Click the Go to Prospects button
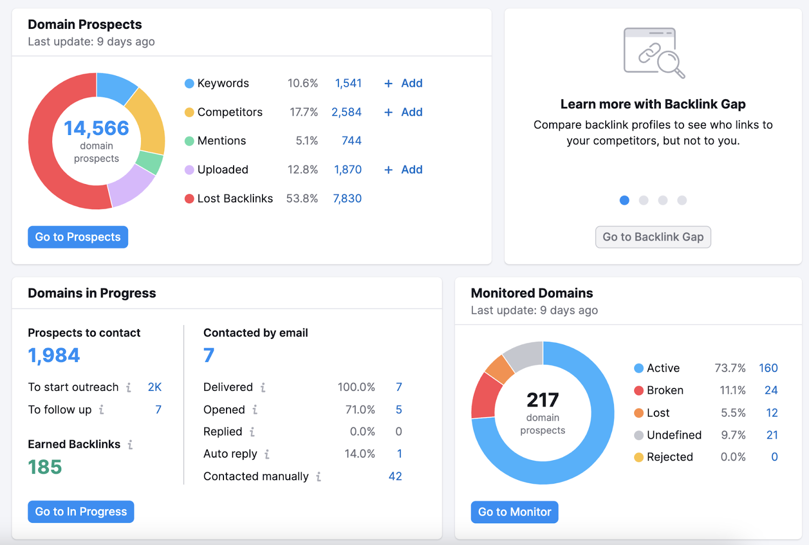[x=78, y=237]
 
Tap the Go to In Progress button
[x=81, y=512]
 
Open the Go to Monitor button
[x=514, y=512]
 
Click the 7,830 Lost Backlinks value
[x=347, y=199]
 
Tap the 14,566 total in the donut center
[x=96, y=128]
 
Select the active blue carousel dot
[x=624, y=200]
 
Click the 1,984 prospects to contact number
[x=54, y=355]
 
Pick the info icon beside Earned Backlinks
[x=130, y=444]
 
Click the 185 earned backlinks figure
[x=45, y=467]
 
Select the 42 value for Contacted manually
[x=395, y=476]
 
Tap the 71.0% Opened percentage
[x=360, y=410]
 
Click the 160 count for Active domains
[x=768, y=368]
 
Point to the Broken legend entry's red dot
[x=639, y=390]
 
